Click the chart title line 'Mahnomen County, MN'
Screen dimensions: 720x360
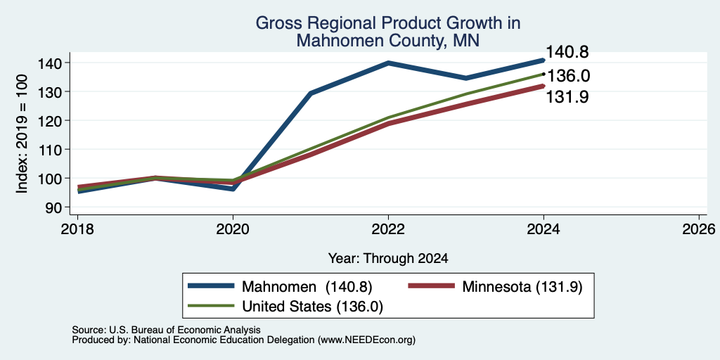[x=387, y=41]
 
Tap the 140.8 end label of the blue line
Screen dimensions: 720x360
[x=567, y=52]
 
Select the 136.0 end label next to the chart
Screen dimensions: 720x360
[x=568, y=76]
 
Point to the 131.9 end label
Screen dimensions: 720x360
[x=567, y=97]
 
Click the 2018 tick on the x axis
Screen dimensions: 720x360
[x=77, y=229]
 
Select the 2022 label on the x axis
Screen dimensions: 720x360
[x=388, y=229]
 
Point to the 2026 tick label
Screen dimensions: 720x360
[x=700, y=229]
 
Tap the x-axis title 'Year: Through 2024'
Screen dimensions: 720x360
[x=388, y=259]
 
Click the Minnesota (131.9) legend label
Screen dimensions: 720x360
[x=522, y=287]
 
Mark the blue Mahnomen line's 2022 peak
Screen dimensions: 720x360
[x=388, y=63]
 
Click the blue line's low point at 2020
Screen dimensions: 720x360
[x=233, y=188]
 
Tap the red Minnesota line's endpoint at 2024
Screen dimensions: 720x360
[x=544, y=86]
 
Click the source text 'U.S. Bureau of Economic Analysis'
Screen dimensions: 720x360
[x=185, y=330]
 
